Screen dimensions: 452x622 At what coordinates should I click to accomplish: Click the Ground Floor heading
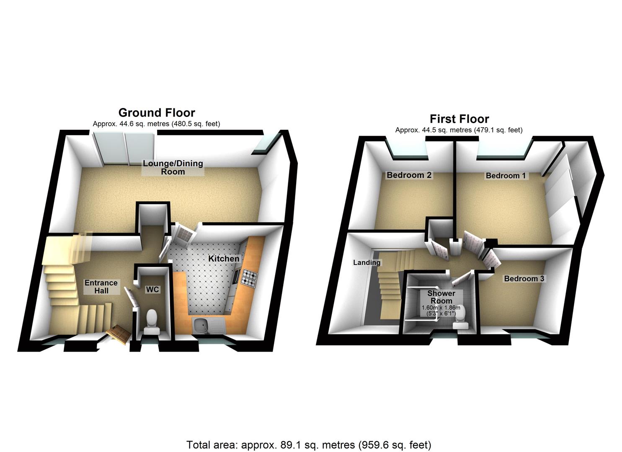point(157,113)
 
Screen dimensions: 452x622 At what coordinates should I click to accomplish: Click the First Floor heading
point(459,119)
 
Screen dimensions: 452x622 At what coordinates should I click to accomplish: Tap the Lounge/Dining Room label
point(173,167)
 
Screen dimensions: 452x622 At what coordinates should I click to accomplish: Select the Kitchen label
point(224,259)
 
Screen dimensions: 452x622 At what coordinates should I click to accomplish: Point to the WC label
point(152,289)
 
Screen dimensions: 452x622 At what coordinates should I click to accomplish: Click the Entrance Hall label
point(101,287)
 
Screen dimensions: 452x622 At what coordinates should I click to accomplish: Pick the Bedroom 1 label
point(506,175)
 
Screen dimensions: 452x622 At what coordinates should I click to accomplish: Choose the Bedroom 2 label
point(409,175)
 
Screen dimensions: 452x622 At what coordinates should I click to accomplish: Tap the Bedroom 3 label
point(524,279)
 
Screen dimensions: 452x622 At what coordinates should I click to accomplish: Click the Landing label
point(367,262)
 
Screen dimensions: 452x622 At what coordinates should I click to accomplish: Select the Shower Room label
point(441,297)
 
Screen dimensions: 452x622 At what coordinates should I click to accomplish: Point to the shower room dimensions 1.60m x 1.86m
point(441,310)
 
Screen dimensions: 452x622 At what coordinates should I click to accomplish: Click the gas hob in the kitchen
point(250,279)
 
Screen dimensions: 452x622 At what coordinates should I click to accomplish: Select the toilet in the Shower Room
point(462,321)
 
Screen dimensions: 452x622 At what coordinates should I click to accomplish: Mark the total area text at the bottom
point(309,444)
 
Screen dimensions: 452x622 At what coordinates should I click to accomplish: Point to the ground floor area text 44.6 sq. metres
point(156,124)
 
